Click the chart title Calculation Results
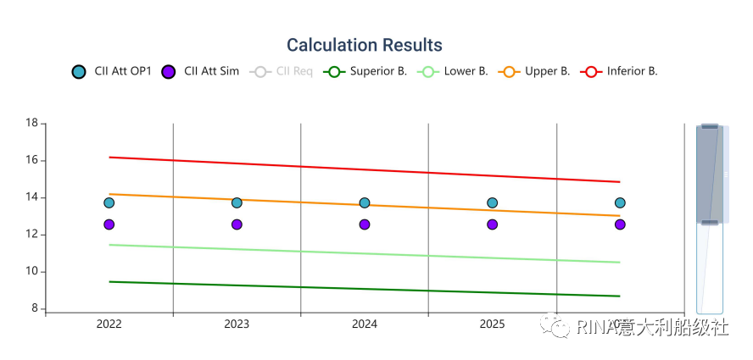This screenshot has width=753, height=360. click(x=364, y=45)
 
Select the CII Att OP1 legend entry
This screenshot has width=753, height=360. click(x=111, y=71)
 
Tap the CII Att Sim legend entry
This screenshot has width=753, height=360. click(x=199, y=71)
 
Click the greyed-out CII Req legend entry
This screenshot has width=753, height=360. click(x=283, y=71)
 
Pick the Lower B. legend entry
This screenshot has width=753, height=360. click(x=455, y=71)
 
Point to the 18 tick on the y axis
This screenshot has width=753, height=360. click(x=32, y=124)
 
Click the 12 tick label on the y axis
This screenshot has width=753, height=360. click(x=32, y=235)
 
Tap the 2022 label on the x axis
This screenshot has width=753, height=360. click(x=109, y=324)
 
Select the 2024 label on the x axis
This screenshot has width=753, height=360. click(x=365, y=324)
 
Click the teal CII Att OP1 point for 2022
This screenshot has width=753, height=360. click(x=109, y=202)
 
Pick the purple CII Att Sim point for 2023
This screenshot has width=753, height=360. click(x=237, y=224)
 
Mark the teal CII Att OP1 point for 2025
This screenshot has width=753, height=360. click(x=492, y=202)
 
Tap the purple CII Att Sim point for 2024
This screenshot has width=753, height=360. click(x=365, y=224)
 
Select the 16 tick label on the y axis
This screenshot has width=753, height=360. click(x=32, y=161)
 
